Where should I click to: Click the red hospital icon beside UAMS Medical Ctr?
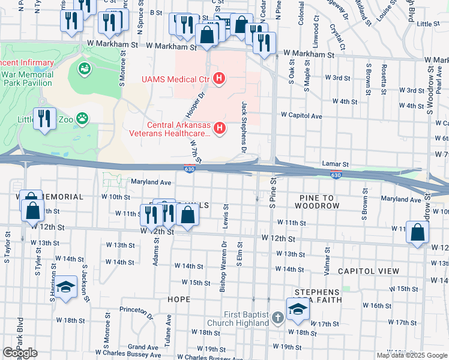220,79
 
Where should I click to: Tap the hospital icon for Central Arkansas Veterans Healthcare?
220,128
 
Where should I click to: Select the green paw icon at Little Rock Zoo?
82,119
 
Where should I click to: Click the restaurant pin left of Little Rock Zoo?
45,119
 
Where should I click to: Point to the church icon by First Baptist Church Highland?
277,317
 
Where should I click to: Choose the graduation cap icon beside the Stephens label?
296,309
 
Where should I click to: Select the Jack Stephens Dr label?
244,125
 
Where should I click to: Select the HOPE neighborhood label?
179,299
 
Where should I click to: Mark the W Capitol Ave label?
301,116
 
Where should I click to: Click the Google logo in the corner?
20,353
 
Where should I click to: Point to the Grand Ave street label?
142,347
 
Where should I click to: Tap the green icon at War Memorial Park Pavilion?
83,69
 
